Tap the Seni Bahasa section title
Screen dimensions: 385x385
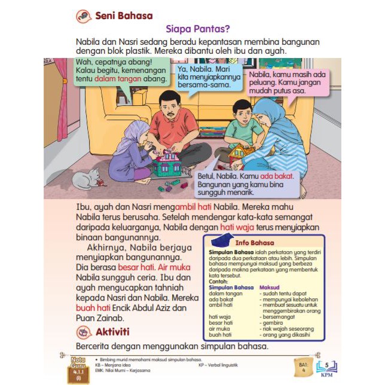click(x=124, y=16)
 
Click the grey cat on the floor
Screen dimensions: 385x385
click(x=88, y=178)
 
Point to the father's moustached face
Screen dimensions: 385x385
click(x=170, y=108)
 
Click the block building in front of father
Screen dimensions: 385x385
click(x=165, y=162)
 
